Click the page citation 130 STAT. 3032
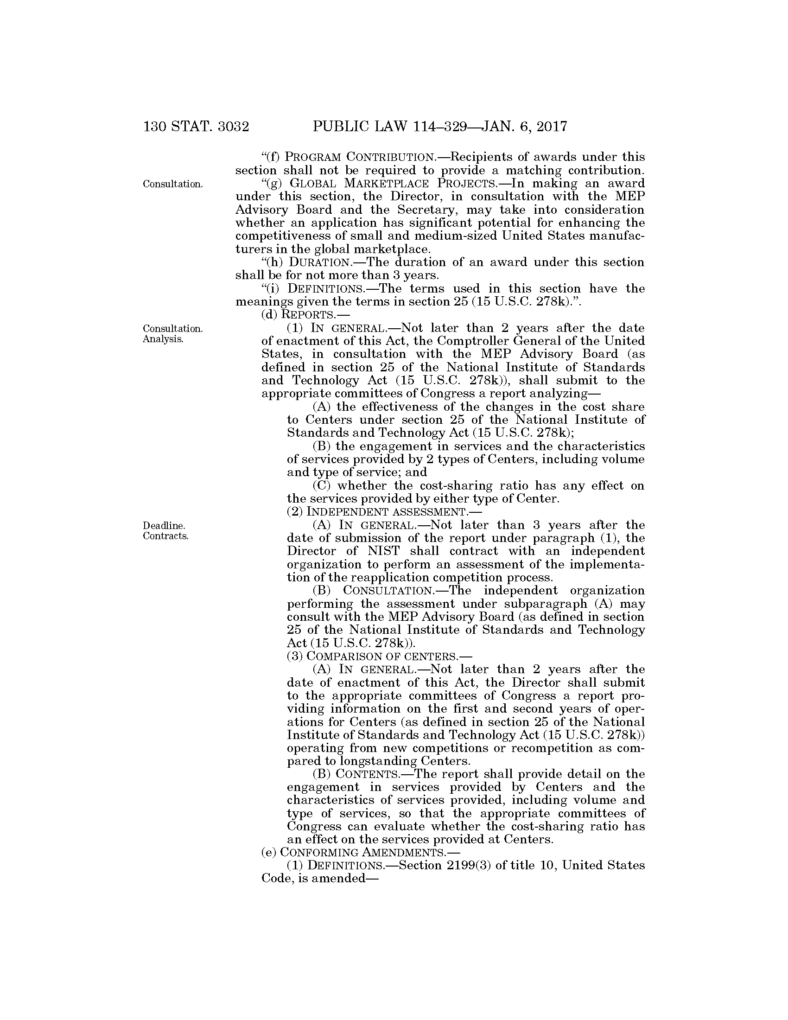pyautogui.click(x=196, y=127)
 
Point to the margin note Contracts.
pyautogui.click(x=165, y=535)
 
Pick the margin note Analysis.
pyautogui.click(x=162, y=338)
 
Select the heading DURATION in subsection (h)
pyautogui.click(x=319, y=262)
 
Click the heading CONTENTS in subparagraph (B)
pyautogui.click(x=367, y=774)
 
